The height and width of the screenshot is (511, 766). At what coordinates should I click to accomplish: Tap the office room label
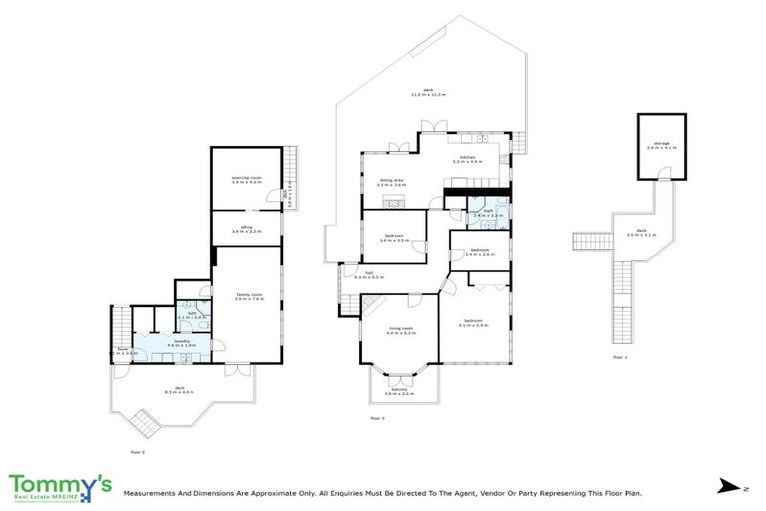245,229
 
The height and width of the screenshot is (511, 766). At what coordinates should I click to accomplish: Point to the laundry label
182,342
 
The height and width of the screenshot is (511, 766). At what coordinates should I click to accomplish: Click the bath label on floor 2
192,315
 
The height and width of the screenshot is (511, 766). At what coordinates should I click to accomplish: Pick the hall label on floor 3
369,273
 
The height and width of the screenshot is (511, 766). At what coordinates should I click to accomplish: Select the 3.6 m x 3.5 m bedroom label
394,239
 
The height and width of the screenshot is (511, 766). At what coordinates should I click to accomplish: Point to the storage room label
662,146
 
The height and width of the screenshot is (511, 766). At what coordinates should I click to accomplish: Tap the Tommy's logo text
60,484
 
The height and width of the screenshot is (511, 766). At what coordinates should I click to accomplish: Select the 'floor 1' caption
619,356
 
